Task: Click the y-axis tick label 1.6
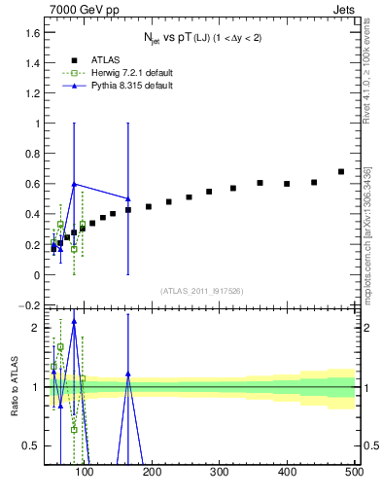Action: (x=30, y=32)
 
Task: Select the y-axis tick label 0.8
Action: (x=30, y=154)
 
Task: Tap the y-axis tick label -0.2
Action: (x=28, y=305)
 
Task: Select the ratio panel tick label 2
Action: (x=35, y=328)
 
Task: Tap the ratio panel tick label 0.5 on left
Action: (x=30, y=445)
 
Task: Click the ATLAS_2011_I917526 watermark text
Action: (x=200, y=291)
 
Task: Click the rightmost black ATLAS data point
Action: (x=340, y=172)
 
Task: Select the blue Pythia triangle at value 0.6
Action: (x=74, y=184)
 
